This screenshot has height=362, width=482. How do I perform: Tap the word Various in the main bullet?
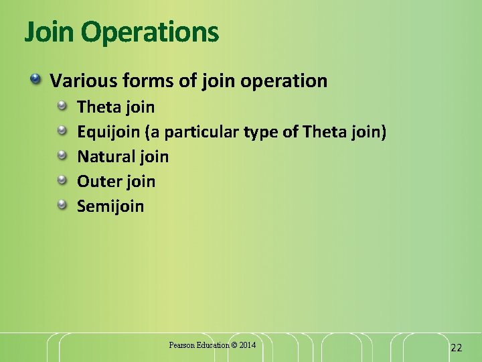(79, 81)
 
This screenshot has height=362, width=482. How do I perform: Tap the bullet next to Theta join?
(62, 107)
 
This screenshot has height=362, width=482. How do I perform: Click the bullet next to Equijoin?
(62, 131)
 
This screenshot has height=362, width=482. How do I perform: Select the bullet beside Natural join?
(62, 156)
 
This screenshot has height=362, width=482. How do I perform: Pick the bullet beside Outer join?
(62, 181)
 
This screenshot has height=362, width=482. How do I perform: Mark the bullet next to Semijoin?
(62, 205)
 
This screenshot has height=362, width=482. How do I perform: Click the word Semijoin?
(110, 206)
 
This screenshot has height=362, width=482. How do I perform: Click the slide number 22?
(457, 347)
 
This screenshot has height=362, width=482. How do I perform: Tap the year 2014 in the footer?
(247, 345)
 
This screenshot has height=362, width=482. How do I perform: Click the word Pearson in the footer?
(181, 345)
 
